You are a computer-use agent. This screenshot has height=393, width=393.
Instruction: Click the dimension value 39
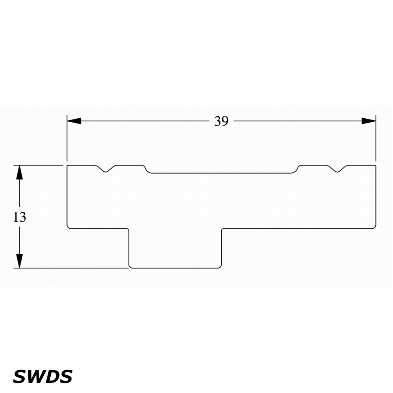coord(222,121)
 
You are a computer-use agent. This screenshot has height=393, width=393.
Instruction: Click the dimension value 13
coord(19,217)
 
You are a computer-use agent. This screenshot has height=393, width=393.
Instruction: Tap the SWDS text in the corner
coord(42,376)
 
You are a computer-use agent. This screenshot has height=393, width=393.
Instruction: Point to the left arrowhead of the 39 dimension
coord(74,121)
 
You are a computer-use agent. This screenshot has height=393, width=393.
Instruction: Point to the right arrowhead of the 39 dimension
coord(369,121)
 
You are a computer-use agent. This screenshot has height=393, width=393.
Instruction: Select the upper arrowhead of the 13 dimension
coord(19,173)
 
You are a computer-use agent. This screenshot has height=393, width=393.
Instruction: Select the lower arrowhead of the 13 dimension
coord(19,261)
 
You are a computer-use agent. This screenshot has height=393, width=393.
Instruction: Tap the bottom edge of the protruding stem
coord(175,268)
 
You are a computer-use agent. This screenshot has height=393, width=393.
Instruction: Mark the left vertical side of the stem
coord(129,248)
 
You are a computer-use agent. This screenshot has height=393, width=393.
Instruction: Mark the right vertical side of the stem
coord(222,248)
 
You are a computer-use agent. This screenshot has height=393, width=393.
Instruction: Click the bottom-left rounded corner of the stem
coord(130,267)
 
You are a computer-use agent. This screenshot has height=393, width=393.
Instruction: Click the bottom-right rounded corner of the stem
coord(220,267)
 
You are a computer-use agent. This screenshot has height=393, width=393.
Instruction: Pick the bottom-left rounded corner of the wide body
coord(68,227)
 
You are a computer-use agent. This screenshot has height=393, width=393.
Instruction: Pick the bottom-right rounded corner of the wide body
coord(375,227)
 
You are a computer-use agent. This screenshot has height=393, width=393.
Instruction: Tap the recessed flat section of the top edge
coord(221,173)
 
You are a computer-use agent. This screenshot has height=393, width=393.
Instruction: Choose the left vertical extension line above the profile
coord(67,138)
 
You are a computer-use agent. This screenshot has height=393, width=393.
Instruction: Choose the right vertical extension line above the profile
coord(376,138)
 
